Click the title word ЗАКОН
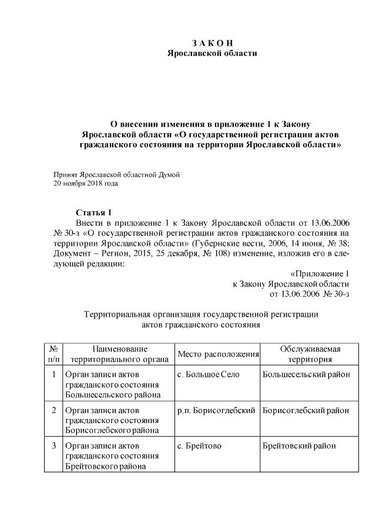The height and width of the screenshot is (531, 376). [213, 43]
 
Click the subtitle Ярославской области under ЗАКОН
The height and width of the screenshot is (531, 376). [212, 53]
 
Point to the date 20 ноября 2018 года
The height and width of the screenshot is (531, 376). [85, 184]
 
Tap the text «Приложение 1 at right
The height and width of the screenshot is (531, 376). [320, 273]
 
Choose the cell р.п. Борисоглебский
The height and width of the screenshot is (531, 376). [216, 410]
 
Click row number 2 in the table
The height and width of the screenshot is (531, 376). [53, 410]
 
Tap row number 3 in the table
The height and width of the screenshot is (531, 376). [53, 446]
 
